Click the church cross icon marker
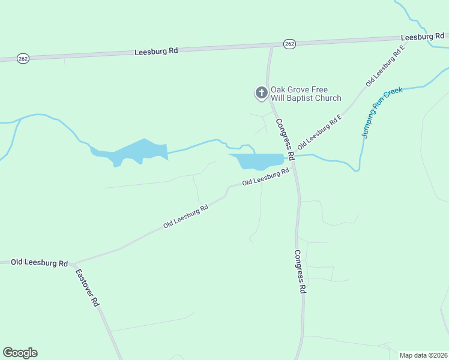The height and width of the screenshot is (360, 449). [x=261, y=92]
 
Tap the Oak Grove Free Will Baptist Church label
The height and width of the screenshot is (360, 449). [x=306, y=94]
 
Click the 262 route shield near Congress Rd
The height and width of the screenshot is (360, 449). [x=289, y=44]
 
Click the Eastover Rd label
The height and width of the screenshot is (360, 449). [x=87, y=288]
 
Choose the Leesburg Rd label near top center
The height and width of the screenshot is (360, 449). [x=156, y=52]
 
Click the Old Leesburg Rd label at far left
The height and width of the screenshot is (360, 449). [x=39, y=263]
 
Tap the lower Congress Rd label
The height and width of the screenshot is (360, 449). [x=300, y=272]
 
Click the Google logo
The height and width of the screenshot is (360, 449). [x=20, y=353]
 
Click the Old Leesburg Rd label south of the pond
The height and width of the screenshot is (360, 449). [x=265, y=177]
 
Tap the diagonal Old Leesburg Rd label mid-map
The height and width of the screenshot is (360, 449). [x=185, y=217]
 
